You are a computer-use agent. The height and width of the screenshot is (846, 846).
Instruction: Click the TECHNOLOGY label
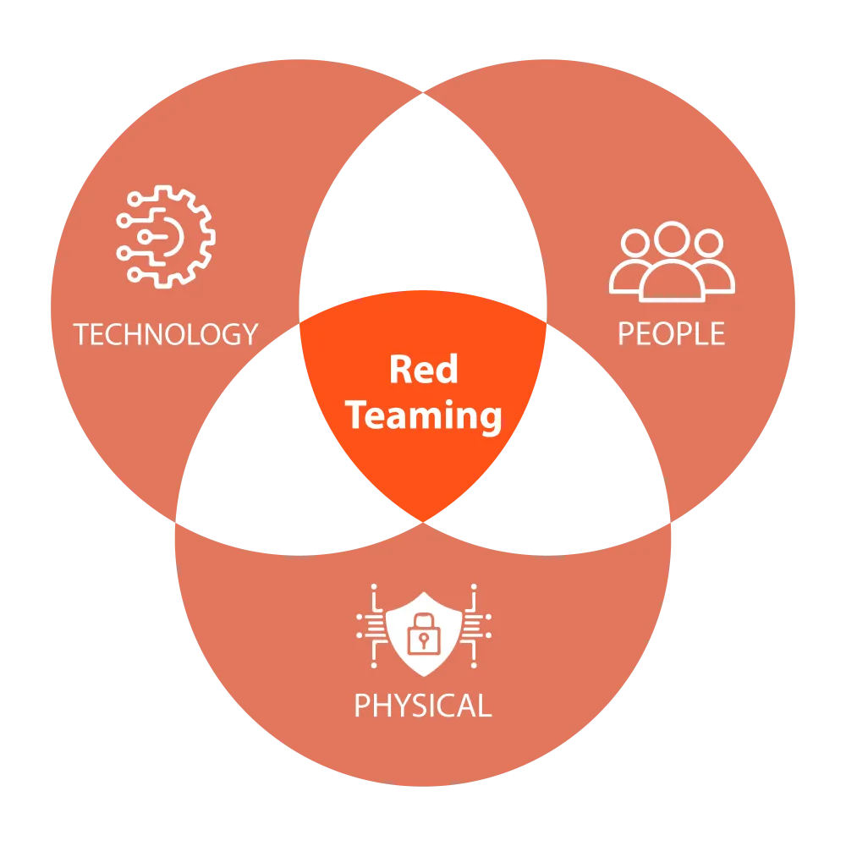[x=165, y=334]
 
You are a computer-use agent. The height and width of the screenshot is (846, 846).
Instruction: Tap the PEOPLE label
[x=671, y=334]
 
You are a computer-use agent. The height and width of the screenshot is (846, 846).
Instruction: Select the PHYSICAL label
[x=422, y=705]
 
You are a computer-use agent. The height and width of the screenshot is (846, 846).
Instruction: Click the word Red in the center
[x=423, y=370]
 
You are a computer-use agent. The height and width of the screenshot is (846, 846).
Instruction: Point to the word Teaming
[x=425, y=416]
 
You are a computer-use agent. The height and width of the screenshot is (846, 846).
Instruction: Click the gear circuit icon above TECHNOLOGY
[x=167, y=236]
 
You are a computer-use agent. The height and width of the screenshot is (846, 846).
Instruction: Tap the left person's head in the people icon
[x=634, y=244]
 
